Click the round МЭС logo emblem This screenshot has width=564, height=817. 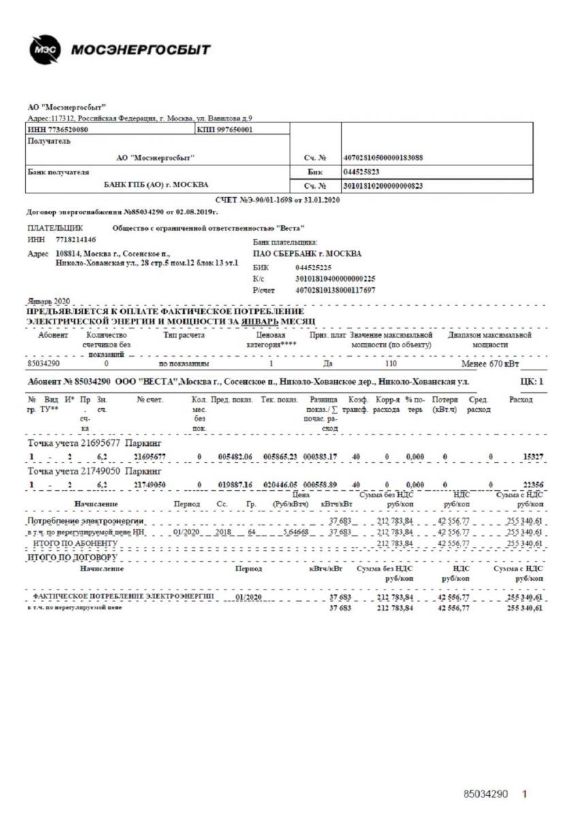point(46,52)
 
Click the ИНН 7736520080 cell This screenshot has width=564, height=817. point(59,129)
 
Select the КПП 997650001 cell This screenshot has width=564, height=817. point(225,129)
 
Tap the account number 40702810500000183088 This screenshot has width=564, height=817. point(383,157)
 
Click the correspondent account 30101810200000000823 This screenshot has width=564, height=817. point(383,185)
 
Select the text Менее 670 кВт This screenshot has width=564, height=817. point(490,365)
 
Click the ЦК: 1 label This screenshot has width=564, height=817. point(531,382)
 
